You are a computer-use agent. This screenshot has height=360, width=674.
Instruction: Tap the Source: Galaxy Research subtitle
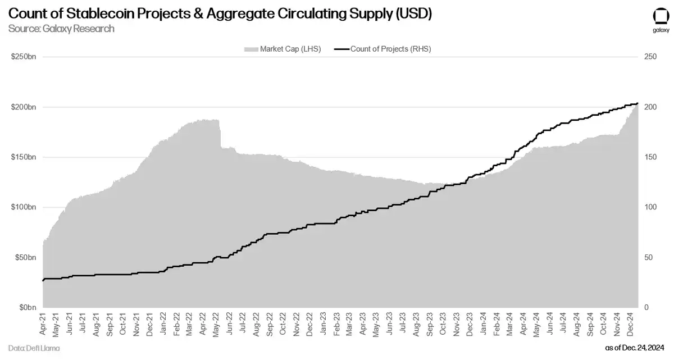(x=61, y=29)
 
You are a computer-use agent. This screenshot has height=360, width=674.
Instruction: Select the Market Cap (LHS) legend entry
(x=283, y=49)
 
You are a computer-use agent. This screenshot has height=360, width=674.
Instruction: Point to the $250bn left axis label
(x=22, y=57)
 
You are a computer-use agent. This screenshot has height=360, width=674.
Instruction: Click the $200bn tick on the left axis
(x=22, y=107)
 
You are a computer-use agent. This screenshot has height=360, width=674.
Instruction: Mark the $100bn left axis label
(x=22, y=207)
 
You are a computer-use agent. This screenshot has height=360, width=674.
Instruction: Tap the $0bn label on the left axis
(x=26, y=308)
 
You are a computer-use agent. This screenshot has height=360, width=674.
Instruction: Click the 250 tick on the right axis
(x=650, y=57)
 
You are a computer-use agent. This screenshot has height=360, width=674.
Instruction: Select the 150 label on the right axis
(x=650, y=157)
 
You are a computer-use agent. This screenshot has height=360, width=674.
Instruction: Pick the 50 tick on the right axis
(x=649, y=257)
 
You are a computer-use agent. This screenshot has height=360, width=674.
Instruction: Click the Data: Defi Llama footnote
(x=34, y=349)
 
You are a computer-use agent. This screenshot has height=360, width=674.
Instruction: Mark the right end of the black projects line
(x=637, y=103)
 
